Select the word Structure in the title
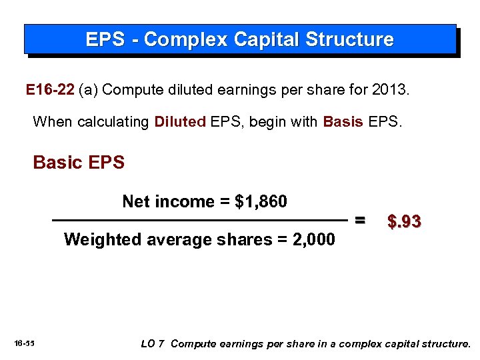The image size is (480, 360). [349, 40]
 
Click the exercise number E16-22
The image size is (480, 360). [50, 90]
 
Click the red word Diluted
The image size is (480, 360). [179, 122]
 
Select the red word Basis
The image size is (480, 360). [343, 122]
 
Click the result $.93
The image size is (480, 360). [404, 221]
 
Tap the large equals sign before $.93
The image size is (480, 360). [360, 220]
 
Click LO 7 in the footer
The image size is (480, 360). [153, 344]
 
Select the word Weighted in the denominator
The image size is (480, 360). [97, 239]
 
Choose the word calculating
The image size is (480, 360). [113, 122]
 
